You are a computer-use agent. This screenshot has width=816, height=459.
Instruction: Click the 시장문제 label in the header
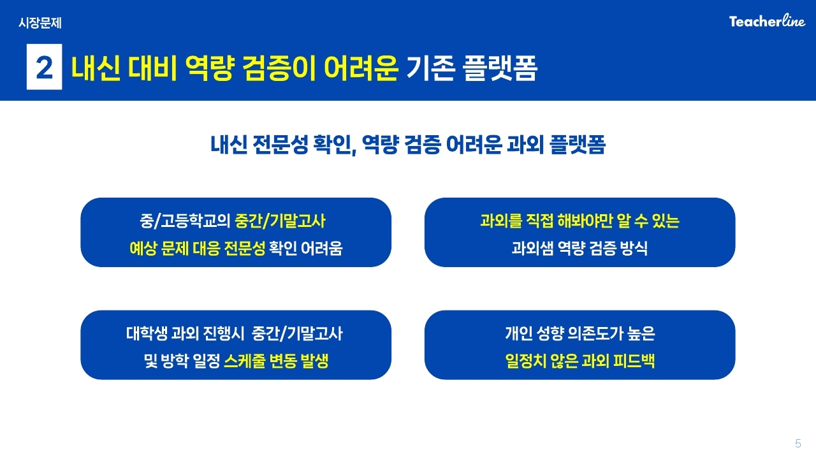pos(40,23)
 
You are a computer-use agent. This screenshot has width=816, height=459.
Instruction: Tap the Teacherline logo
pos(767,21)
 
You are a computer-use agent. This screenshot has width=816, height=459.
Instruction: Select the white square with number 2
pos(45,67)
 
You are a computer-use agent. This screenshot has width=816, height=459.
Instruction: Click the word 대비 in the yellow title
pos(152,68)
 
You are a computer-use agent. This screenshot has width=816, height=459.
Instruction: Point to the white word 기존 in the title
pos(430,68)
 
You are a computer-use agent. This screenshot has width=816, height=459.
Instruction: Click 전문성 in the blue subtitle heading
pos(280,145)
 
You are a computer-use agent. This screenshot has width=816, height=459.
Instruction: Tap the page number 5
pos(798,443)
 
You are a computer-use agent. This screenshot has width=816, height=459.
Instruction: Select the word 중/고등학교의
pos(185,221)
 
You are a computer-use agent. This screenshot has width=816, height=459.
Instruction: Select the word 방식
pos(634,249)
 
